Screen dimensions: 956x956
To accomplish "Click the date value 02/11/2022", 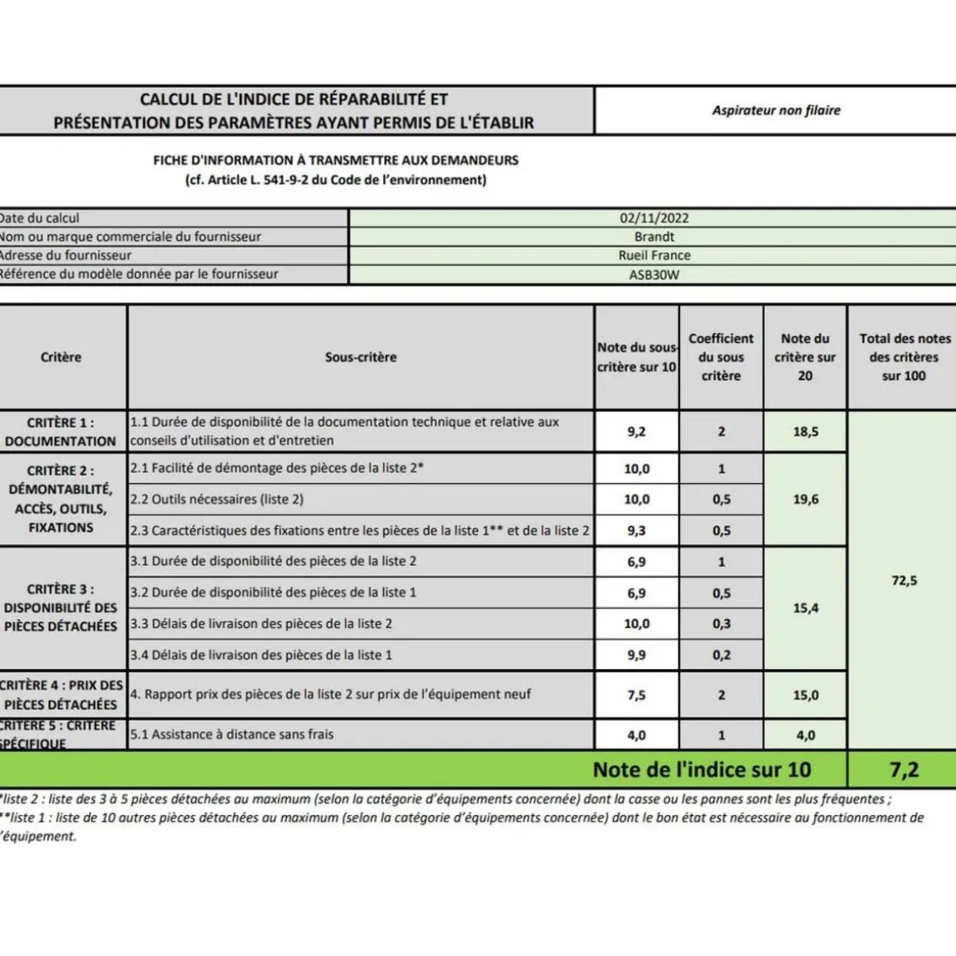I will [654, 218].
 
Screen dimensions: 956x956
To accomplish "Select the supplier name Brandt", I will [654, 237].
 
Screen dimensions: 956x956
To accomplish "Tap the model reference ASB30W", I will [654, 274].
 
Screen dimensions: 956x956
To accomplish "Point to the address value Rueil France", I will [654, 255].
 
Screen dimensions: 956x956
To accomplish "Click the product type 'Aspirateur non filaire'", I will [776, 110].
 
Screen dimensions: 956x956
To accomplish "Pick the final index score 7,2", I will [903, 770].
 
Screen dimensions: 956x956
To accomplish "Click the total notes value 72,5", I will [903, 581].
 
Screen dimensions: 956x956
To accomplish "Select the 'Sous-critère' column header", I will [360, 357].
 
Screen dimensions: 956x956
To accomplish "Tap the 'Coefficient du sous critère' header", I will [721, 357].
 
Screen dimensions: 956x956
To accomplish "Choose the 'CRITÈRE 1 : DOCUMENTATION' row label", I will [60, 432].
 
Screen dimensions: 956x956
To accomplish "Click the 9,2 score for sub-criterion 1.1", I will [636, 432].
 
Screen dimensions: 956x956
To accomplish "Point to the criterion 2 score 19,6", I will [805, 499].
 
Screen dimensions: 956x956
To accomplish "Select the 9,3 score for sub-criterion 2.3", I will [636, 531].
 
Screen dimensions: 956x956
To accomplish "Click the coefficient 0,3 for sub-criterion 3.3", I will [721, 624].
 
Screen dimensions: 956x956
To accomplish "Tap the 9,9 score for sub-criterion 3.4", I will [636, 655].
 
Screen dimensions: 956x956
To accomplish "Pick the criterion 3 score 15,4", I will [805, 608].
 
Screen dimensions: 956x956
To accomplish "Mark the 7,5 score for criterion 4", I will [636, 695].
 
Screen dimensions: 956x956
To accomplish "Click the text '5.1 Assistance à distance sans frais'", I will [232, 734].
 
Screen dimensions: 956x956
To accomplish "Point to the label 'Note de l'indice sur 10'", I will [701, 770].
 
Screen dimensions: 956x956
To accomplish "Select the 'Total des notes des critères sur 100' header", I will [904, 357].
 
